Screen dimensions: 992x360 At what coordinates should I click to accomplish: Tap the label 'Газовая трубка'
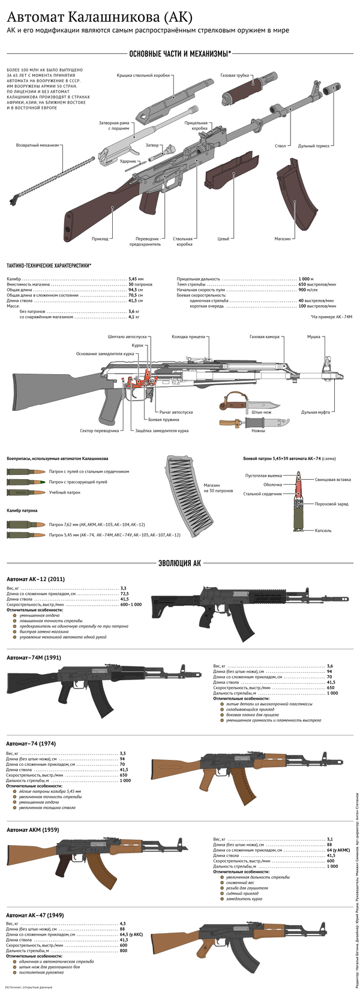point(235,76)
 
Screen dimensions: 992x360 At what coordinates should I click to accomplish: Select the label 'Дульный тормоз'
point(315,146)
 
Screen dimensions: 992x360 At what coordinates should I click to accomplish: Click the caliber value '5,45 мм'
point(136,279)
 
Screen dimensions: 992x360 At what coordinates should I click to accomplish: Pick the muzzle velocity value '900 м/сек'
point(310,290)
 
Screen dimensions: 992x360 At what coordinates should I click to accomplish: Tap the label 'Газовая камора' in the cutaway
point(265,337)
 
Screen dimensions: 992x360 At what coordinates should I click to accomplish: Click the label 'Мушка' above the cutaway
point(313,337)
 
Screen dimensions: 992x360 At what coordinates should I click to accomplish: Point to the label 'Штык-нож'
point(261,413)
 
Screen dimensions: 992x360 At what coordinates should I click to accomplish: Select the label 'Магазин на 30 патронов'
point(218,488)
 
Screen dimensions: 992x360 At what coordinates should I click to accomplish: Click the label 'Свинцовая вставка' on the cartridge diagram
point(332,480)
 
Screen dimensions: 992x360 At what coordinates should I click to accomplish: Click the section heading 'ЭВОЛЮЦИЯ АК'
point(179,563)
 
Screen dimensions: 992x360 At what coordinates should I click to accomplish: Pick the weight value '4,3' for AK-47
point(123,923)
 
